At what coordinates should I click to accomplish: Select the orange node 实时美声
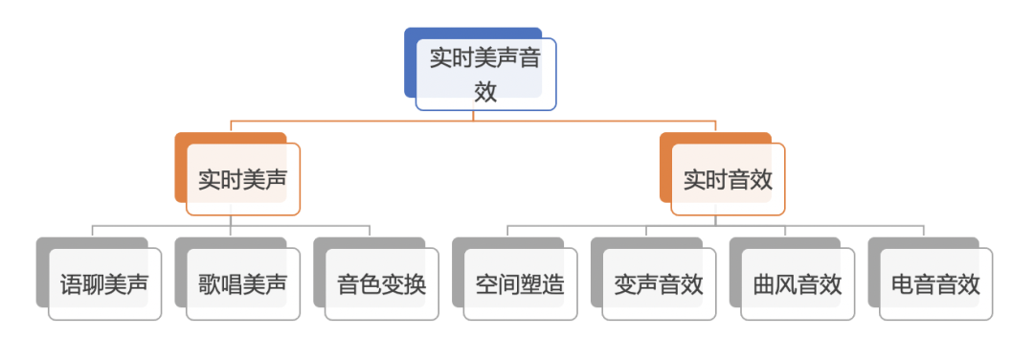pyautogui.click(x=243, y=179)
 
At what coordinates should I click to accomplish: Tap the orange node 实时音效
pyautogui.click(x=728, y=179)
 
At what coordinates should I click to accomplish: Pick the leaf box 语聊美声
pyautogui.click(x=104, y=284)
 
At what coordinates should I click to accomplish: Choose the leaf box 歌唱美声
pyautogui.click(x=243, y=284)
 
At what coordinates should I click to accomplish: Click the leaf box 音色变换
pyautogui.click(x=382, y=284)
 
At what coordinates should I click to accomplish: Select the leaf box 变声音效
pyautogui.click(x=659, y=284)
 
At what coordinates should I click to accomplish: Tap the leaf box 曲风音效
pyautogui.click(x=798, y=284)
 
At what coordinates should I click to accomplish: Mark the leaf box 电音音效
pyautogui.click(x=935, y=284)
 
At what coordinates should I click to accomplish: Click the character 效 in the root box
pyautogui.click(x=485, y=91)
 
